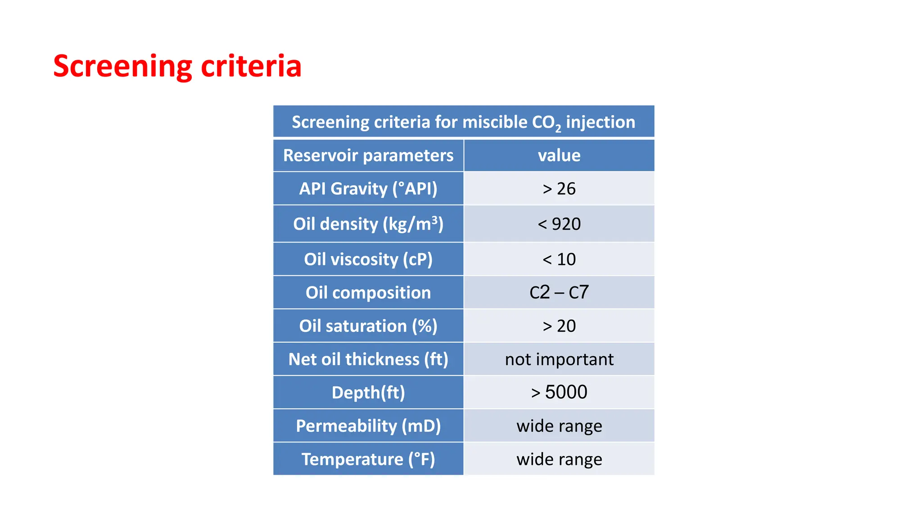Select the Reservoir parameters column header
click(368, 156)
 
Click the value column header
click(559, 156)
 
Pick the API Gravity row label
click(368, 189)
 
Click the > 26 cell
click(559, 189)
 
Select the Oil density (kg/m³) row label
click(368, 224)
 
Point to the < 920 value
click(559, 224)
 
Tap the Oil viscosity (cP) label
click(368, 259)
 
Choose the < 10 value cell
click(559, 259)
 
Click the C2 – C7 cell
click(559, 293)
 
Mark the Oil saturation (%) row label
click(368, 326)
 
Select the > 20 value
click(559, 326)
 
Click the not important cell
click(559, 359)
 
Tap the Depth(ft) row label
click(368, 393)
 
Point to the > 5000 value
click(559, 392)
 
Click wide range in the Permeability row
click(559, 426)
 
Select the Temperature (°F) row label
click(368, 459)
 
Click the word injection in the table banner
click(600, 122)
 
